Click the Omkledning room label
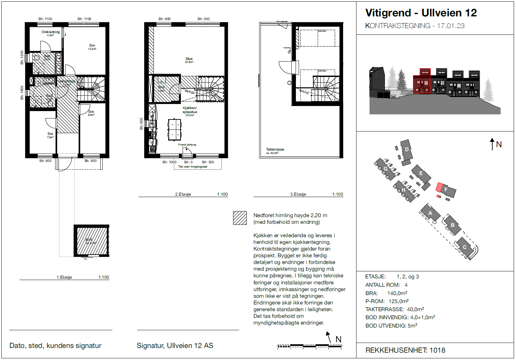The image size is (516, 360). pos(50,32)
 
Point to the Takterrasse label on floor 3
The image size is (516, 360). pos(275,150)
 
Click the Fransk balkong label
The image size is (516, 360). pos(187,145)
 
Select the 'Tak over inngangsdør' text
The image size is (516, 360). pos(193,167)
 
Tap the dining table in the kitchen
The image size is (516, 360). pos(174,129)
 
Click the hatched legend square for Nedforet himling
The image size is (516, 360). pos(240,218)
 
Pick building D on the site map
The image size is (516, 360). pos(407,150)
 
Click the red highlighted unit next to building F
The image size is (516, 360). pos(439,187)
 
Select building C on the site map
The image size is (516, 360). pos(465,247)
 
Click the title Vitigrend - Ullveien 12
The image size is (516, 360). pos(421,13)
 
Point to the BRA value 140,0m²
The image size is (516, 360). pos(397,293)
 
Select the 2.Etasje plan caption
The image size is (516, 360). pos(183,194)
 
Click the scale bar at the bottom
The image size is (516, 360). pos(309,346)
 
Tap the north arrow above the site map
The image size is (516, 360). pos(492,144)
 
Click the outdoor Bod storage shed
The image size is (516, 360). pos(92,241)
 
